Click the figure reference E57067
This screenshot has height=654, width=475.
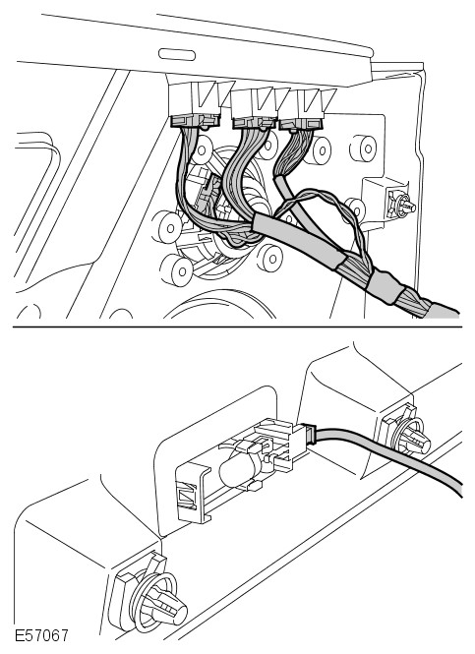[41, 635]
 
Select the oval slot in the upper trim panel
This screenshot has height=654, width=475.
[177, 55]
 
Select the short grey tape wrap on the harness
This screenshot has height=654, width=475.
[385, 285]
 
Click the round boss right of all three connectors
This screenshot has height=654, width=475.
[363, 148]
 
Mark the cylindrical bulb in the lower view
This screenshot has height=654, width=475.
[236, 470]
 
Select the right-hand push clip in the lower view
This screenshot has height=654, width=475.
[406, 435]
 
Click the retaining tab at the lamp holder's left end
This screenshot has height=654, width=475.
[193, 494]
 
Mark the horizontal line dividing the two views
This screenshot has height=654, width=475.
[237, 327]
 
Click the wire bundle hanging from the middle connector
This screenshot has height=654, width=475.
[242, 175]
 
